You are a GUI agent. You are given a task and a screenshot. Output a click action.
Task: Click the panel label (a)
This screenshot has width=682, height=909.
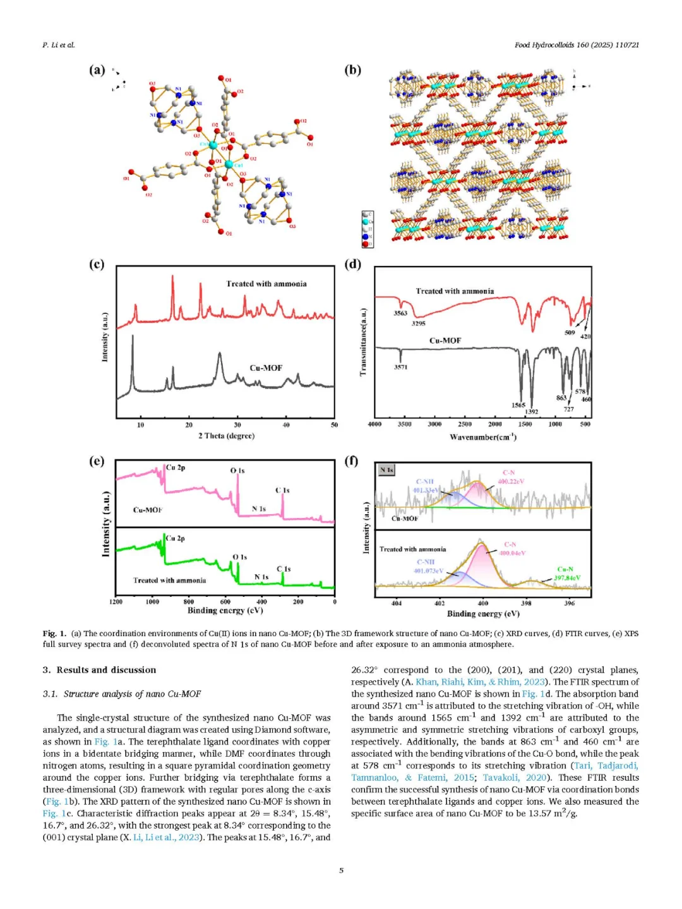[97, 70]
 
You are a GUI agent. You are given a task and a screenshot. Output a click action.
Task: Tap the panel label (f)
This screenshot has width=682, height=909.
[352, 461]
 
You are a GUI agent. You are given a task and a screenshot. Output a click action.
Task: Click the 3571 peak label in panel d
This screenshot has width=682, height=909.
[400, 367]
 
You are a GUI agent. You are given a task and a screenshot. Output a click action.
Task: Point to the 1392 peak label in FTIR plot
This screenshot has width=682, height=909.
[532, 411]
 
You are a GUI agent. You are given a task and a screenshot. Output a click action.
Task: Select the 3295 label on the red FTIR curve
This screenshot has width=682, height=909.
[418, 323]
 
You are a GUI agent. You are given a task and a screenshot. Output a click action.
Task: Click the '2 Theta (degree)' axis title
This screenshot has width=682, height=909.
[226, 436]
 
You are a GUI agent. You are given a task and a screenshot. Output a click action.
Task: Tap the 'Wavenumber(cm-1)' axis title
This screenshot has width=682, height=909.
[483, 437]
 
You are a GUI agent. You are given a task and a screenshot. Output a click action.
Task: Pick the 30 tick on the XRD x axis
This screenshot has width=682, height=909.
[237, 425]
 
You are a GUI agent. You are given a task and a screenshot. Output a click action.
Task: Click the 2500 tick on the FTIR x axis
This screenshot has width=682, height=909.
[465, 424]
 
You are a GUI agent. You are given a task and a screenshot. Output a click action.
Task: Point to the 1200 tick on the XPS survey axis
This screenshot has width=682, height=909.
[116, 602]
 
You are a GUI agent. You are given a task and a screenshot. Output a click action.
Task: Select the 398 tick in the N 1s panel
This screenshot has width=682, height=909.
[526, 603]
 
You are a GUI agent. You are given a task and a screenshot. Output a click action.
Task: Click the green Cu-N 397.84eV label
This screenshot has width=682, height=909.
[566, 574]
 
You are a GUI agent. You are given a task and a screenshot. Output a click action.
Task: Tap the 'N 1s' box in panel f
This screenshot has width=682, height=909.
[386, 470]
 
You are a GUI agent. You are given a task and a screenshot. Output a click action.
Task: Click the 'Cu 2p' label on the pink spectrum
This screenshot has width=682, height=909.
[176, 468]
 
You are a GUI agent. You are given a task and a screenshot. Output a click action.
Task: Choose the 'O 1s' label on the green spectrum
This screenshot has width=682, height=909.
[240, 557]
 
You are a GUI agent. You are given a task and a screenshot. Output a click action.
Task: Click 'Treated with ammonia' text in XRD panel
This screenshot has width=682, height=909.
[266, 284]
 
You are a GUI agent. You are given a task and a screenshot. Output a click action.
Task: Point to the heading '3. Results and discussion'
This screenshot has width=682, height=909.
[99, 670]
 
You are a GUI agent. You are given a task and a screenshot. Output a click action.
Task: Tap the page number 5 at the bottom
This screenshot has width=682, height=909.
[341, 870]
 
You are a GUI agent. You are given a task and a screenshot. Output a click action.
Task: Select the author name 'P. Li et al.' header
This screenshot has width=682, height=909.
[59, 45]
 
